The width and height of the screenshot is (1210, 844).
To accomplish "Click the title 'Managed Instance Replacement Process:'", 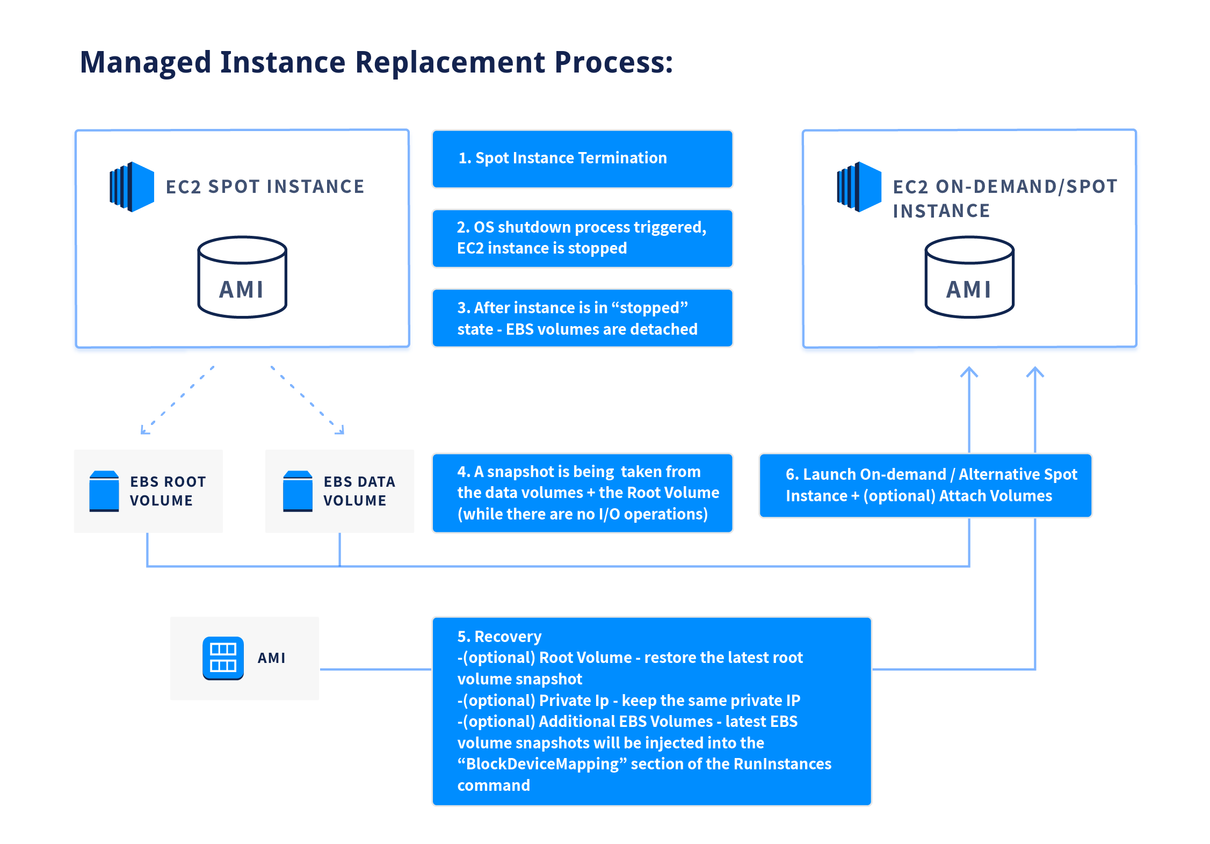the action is [x=376, y=62].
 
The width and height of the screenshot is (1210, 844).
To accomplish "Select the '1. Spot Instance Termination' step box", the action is [x=582, y=159].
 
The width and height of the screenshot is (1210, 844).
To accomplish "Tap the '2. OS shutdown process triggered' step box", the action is [x=582, y=238].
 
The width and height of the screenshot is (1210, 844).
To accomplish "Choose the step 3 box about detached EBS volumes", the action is [x=582, y=318].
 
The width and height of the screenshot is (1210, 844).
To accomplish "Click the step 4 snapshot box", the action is [x=582, y=493].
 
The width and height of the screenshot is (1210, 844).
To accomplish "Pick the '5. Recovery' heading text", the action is [x=499, y=637].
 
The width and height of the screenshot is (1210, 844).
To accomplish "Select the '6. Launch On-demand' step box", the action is [x=925, y=485].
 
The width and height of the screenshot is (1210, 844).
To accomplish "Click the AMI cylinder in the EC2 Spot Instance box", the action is [x=242, y=277].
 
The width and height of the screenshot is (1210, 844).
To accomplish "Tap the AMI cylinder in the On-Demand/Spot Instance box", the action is [x=969, y=277].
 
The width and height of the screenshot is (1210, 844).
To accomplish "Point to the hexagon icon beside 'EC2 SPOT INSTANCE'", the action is [x=132, y=186].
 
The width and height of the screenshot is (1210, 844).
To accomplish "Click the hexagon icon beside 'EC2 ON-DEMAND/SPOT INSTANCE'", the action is [x=859, y=186].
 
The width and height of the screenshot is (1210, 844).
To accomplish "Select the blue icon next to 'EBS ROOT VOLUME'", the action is [x=104, y=491].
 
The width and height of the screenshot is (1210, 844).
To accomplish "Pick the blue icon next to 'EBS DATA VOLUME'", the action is [x=298, y=491].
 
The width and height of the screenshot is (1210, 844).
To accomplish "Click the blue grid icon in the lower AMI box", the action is [x=223, y=658].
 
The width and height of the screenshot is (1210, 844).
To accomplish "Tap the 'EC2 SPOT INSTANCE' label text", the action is [x=265, y=186].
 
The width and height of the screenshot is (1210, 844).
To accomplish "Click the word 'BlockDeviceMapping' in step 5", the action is [x=542, y=764].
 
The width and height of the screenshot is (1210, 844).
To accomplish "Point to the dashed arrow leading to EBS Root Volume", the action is [x=177, y=400].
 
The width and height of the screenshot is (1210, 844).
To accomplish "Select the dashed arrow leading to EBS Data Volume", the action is [x=307, y=400].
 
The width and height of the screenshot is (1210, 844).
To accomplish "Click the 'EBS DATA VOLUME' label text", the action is [x=359, y=491].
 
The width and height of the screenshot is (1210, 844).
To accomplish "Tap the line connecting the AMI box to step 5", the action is [x=375, y=669].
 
